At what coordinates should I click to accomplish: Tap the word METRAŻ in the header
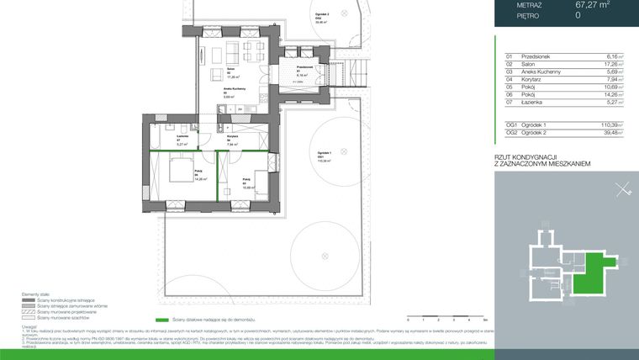(530, 4)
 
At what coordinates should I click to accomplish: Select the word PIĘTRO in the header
(529, 15)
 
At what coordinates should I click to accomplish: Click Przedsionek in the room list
(536, 56)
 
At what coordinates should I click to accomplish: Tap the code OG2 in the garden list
(510, 132)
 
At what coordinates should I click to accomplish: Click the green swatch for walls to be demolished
(161, 320)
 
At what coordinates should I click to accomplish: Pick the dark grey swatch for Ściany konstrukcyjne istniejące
(29, 299)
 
